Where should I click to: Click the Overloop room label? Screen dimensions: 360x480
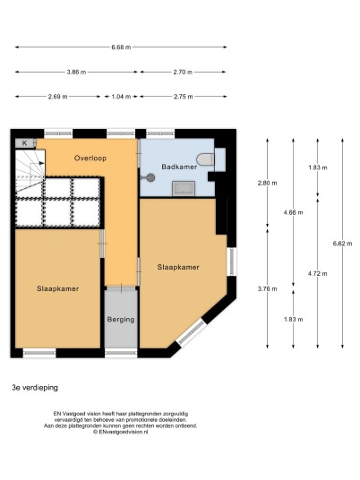tap(90, 159)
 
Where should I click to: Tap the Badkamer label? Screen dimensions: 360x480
tap(179, 167)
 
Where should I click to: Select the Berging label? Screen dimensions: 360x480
tap(121, 320)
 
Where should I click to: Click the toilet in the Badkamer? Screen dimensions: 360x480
tap(205, 159)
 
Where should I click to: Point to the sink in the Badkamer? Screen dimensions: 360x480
tap(184, 189)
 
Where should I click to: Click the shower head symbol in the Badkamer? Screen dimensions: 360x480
tap(150, 177)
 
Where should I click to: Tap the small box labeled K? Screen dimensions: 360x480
tap(25, 143)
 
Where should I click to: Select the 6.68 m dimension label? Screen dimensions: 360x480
tap(121, 47)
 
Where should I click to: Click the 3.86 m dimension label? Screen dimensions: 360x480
tap(76, 73)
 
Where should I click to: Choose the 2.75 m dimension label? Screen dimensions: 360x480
tap(183, 97)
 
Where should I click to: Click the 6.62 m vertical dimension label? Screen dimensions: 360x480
tap(343, 244)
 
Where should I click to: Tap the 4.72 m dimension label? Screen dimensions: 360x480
tap(317, 274)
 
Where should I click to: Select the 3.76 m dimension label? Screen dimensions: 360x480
tap(267, 288)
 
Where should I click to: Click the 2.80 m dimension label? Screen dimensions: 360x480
tap(267, 183)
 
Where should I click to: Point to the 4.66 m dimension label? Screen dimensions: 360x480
tap(293, 212)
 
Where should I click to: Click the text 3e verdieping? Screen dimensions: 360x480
tap(35, 388)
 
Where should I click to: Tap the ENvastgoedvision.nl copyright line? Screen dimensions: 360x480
tap(121, 432)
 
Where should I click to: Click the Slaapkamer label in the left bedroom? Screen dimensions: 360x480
tap(58, 288)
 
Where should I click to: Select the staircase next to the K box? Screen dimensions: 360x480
tap(30, 173)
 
